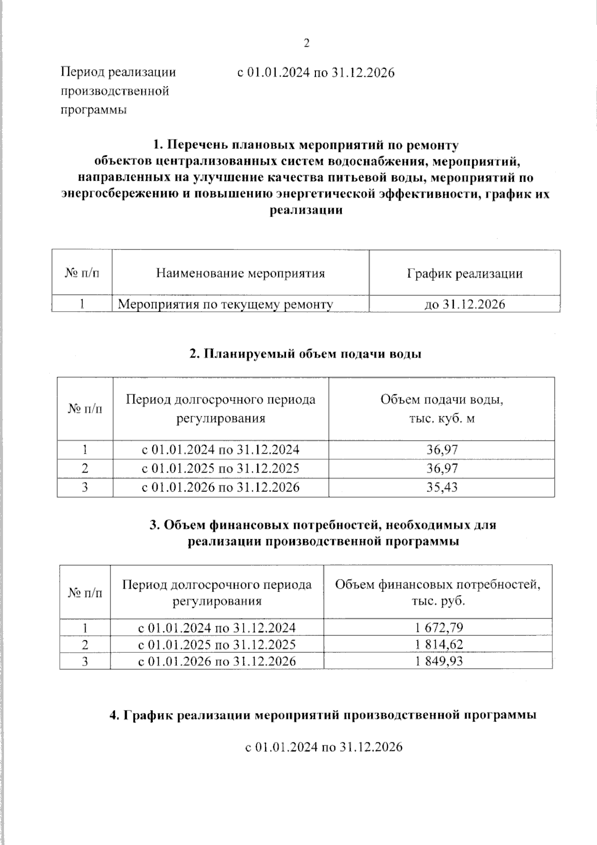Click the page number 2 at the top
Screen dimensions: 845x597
pos(306,44)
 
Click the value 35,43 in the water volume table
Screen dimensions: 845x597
pos(442,487)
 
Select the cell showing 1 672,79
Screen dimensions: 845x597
pos(439,627)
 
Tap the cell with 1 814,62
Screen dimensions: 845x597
pos(439,644)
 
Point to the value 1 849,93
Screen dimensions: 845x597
pos(439,661)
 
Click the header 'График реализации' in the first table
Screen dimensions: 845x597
pos(465,273)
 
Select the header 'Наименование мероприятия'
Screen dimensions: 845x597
pos(240,273)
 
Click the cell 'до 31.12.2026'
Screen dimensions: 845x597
pos(465,304)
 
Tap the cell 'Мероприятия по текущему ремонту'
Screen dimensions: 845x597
pos(225,304)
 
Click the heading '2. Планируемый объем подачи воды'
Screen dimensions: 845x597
pos(305,354)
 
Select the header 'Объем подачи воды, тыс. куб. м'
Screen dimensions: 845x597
pos(442,409)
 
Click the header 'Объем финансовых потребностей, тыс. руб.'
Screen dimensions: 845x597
pos(438,592)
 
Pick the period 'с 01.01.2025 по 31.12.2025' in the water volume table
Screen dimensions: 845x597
pos(221,469)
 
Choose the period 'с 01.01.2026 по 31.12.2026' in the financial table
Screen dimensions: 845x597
pos(217,661)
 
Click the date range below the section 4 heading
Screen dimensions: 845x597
pos(323,747)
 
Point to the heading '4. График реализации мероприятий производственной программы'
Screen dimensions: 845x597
pos(322,716)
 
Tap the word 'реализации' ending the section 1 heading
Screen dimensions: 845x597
pos(306,210)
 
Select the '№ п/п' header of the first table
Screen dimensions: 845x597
pos(82,273)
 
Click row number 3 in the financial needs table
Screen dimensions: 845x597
pos(85,661)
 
